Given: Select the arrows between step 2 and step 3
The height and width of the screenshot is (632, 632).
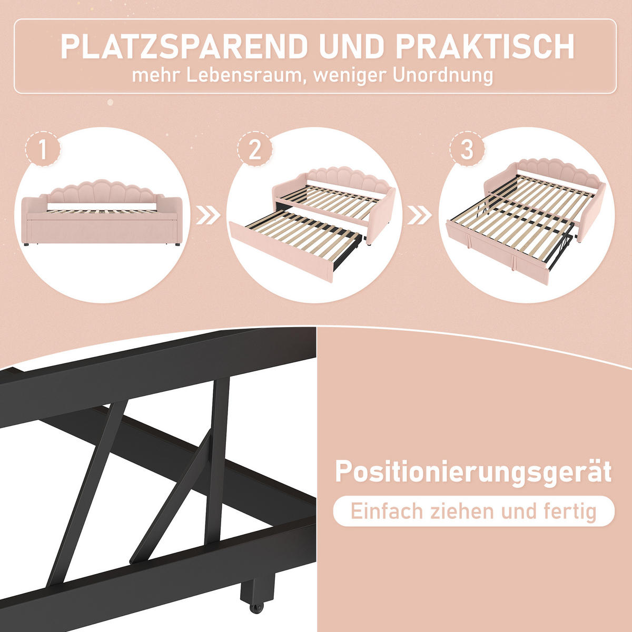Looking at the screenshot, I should (x=420, y=215).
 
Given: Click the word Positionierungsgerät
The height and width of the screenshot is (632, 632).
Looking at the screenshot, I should (x=473, y=471).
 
